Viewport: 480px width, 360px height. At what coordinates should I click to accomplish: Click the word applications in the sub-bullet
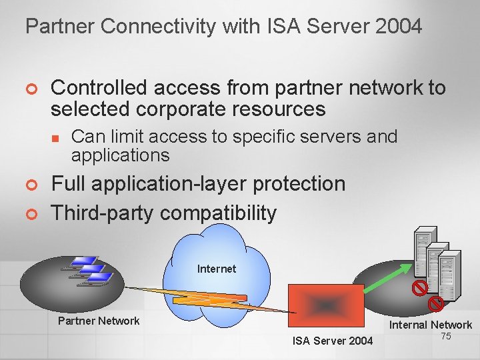point(121,155)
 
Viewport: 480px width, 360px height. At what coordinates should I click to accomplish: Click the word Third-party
point(103,213)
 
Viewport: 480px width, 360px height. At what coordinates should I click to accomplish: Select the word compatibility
point(218,213)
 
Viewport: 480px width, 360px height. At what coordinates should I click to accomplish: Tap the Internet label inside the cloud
point(217,269)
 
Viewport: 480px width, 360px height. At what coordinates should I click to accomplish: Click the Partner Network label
point(99,321)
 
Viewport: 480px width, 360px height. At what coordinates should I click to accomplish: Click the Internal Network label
point(431,325)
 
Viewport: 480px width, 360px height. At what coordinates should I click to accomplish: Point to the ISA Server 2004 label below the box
point(333,341)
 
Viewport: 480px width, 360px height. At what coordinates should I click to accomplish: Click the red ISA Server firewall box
point(325,307)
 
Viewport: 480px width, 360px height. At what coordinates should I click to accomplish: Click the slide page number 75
point(446,336)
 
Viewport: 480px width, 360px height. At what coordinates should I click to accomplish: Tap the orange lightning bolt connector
point(200,297)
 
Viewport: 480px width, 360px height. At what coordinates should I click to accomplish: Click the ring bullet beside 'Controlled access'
point(29,89)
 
